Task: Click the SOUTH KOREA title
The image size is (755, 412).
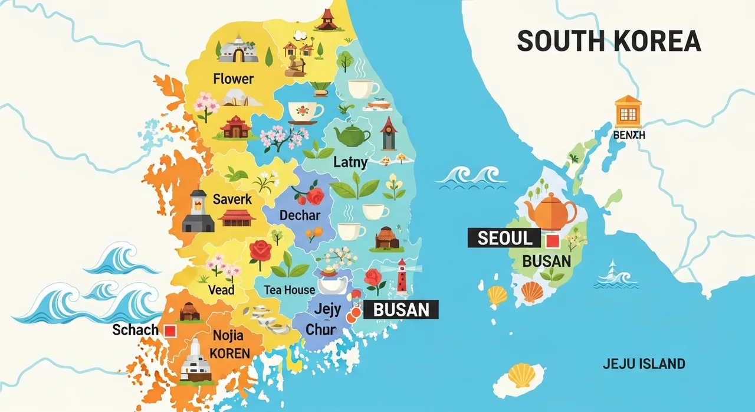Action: point(609,41)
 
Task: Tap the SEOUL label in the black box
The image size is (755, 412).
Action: point(503,238)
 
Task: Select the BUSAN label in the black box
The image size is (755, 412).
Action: point(401,309)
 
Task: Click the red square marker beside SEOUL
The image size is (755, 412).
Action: point(553,240)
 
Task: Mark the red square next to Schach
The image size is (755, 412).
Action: point(170,331)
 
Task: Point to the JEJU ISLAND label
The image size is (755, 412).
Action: point(644,364)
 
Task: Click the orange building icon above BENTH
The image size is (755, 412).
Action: point(628,112)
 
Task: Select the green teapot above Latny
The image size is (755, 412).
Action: point(353,135)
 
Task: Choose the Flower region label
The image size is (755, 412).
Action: point(234,79)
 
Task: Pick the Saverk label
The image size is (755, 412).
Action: point(232,200)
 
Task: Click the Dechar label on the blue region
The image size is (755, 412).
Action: point(300,215)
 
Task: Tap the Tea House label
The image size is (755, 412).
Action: point(289,290)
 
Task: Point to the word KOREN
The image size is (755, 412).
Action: point(230,354)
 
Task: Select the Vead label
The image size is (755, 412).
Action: point(221,290)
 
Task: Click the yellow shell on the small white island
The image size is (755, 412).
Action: point(521,375)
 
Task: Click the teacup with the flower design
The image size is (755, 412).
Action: point(305,111)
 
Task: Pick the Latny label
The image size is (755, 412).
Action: point(350,162)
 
